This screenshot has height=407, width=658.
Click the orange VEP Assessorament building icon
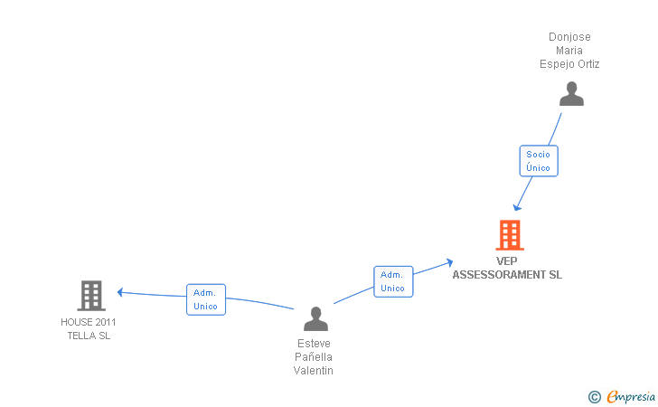coord(510,235)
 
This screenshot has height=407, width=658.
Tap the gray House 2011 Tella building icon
coord(90,296)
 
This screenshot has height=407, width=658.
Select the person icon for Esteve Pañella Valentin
coord(315,318)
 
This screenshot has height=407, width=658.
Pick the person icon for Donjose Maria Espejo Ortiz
coord(570,94)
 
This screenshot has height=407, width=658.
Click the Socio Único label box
coord(538,161)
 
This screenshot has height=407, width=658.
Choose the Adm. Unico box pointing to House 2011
coord(205,299)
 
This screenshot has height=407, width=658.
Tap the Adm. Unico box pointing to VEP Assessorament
coord(392,281)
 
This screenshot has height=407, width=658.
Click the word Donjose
coord(569,37)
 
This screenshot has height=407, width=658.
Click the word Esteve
coord(314,344)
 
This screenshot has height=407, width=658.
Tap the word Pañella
coord(314,357)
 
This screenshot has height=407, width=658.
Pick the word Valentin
coord(314,371)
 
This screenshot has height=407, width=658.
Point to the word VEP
coord(507,262)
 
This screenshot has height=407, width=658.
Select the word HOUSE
coord(75,322)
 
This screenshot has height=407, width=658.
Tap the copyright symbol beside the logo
coord(594,396)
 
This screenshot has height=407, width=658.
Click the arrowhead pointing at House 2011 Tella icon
coord(120,291)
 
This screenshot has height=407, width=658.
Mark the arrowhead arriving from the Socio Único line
coord(517,207)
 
